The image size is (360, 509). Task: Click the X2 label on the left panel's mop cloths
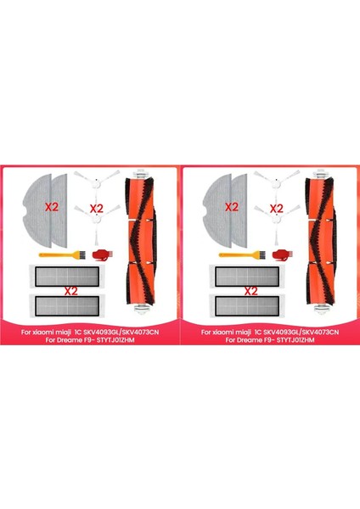tap(51, 206)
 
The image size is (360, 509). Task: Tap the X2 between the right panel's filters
tap(251, 290)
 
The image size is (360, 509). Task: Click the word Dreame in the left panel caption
tap(48, 340)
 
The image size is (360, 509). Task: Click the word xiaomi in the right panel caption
tap(222, 332)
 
